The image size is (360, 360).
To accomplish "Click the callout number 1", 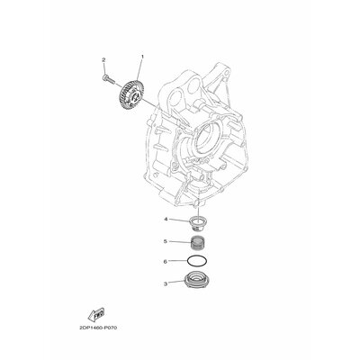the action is pos(143,57).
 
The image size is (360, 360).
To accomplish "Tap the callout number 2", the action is pos(103,60).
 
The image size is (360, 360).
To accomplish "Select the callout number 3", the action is pos(166,283).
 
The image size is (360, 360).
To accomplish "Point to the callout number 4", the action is pos(166,220).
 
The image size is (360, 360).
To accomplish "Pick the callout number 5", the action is pos(166,241).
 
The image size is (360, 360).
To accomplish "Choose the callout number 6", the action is pos(165,262).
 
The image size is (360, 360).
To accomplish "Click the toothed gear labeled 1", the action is pos(131,93).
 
